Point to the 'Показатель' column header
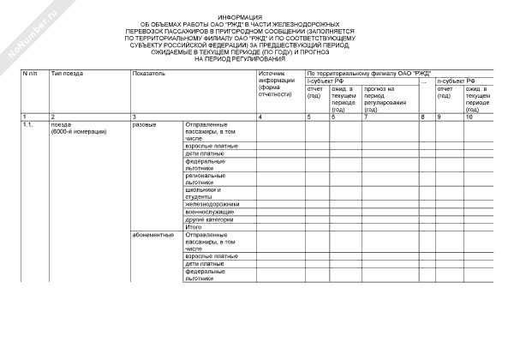point(148,75)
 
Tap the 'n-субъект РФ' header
point(455,81)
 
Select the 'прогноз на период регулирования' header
point(380,99)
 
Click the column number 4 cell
point(260,116)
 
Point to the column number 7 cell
point(365,116)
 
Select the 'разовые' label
point(145,125)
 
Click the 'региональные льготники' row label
point(205,178)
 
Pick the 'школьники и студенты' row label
point(203,193)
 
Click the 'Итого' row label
point(193,227)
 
